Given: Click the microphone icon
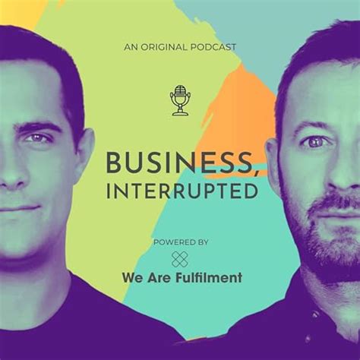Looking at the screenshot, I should pyautogui.click(x=180, y=99).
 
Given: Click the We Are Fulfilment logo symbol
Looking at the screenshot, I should pyautogui.click(x=180, y=258).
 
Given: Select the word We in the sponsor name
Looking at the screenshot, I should pyautogui.click(x=131, y=277).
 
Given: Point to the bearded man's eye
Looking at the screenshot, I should pyautogui.click(x=314, y=141).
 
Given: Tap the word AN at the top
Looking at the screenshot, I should pyautogui.click(x=130, y=47).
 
